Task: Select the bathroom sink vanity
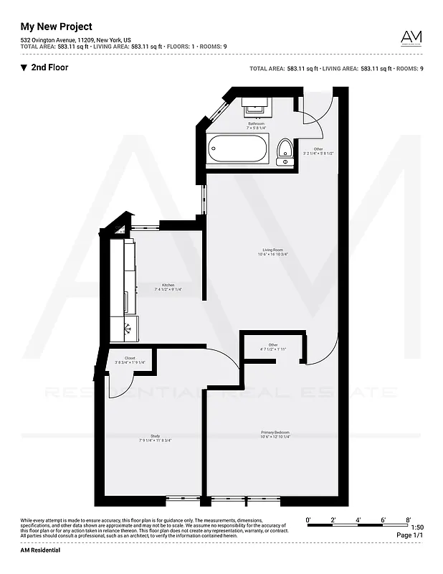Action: click(256, 106)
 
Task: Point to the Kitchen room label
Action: click(168, 285)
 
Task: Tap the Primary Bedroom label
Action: click(275, 433)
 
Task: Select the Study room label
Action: click(155, 435)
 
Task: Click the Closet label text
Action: click(130, 357)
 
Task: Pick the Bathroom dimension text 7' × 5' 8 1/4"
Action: click(257, 128)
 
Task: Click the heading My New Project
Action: click(56, 27)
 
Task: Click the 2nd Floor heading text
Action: click(50, 67)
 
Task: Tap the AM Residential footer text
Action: click(40, 550)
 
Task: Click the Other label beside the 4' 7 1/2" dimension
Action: click(273, 344)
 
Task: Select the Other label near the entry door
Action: click(308, 149)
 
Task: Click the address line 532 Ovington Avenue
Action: click(75, 40)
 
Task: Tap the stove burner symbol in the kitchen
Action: click(128, 330)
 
